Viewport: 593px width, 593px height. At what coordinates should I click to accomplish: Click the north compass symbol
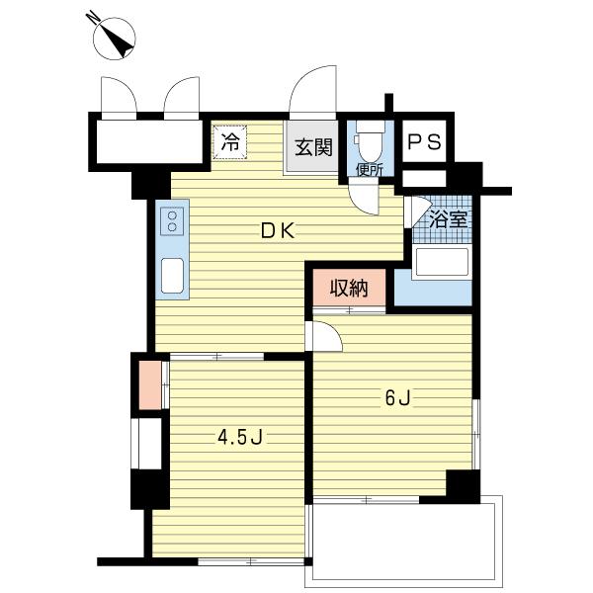tap(114, 38)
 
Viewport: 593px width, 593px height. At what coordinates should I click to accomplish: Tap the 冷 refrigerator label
tap(230, 142)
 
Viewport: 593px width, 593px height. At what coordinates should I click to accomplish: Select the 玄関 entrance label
tap(313, 147)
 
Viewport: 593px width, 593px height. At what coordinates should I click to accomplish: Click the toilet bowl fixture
tap(371, 143)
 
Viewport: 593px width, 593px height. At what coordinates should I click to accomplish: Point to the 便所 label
tap(370, 170)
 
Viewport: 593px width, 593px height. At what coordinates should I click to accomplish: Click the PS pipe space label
tap(424, 142)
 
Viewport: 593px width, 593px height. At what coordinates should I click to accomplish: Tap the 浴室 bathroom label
tap(449, 219)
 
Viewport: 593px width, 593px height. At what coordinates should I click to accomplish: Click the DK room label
tap(278, 231)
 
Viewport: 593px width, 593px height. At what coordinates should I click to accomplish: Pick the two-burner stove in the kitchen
tap(172, 221)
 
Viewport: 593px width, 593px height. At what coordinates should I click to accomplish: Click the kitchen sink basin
tap(172, 276)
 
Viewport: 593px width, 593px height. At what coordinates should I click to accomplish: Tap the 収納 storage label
tap(349, 289)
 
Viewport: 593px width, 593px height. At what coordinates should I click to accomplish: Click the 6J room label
tap(397, 398)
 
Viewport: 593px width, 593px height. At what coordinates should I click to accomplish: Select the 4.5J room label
tap(240, 438)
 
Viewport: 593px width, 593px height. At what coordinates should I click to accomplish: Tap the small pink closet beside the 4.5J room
tap(150, 385)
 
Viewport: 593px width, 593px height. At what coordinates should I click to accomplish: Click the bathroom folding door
tap(416, 212)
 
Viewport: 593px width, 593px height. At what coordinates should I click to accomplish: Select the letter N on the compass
tap(92, 17)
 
